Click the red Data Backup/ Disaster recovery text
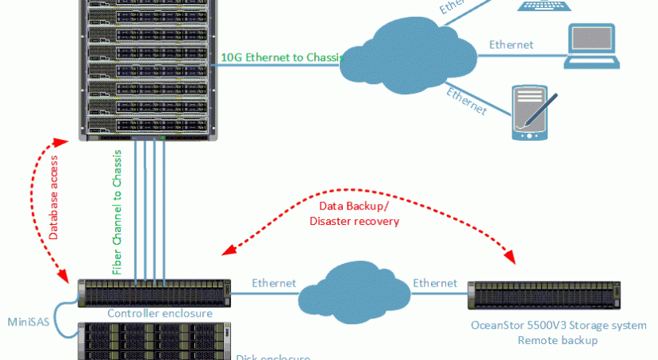(353, 214)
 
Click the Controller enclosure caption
(160, 314)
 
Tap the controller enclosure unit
(154, 293)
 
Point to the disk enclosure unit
(154, 340)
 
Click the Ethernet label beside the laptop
(511, 45)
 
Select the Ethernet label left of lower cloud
(274, 282)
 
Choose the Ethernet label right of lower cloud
(435, 282)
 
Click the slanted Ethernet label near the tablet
(467, 98)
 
